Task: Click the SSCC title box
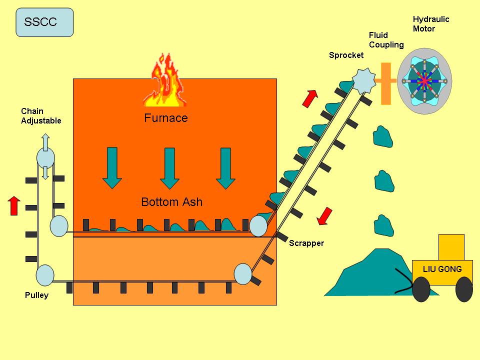point(44,22)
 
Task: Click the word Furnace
point(166,118)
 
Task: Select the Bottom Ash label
point(171,202)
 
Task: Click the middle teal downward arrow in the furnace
point(170,168)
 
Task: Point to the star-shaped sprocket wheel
point(363,80)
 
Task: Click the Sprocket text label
point(346,55)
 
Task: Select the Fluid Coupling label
point(386,40)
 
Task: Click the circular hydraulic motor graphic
point(424,81)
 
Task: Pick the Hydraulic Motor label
point(430,24)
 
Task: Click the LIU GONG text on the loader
point(442,269)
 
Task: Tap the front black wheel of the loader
point(421,290)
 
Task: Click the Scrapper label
point(306,243)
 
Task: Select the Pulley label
point(36,295)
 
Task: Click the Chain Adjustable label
point(41,116)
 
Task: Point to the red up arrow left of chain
point(14,205)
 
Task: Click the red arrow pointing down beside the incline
point(325,215)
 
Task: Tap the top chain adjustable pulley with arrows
point(45,157)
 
